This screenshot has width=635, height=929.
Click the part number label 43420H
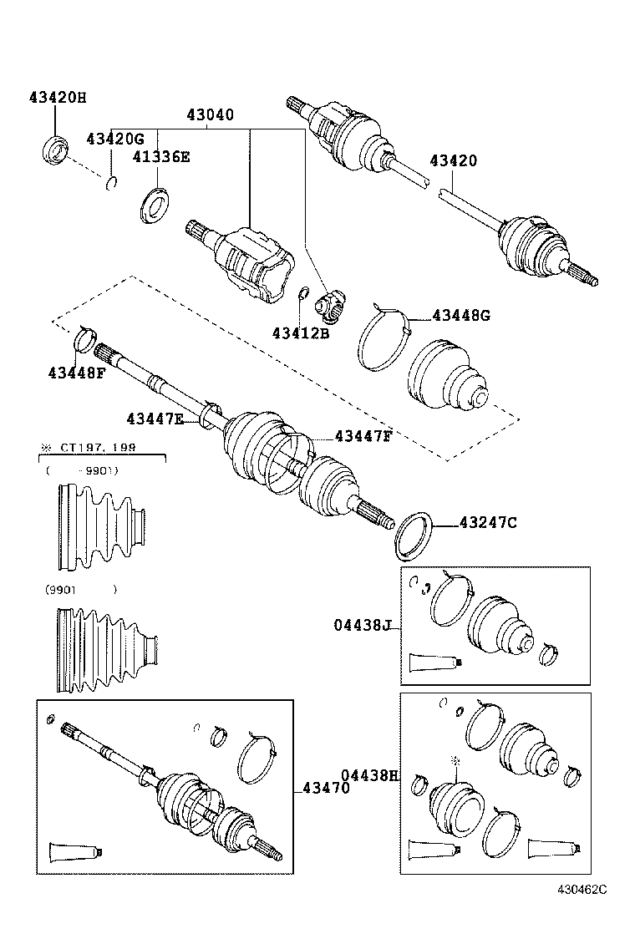(x=58, y=98)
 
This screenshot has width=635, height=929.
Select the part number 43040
(x=210, y=115)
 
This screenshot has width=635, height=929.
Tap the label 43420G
(x=115, y=139)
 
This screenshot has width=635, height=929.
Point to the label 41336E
(x=160, y=156)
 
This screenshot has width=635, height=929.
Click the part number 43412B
(x=301, y=333)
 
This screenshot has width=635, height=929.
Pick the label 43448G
(x=461, y=315)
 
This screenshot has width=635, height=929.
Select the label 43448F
(x=77, y=373)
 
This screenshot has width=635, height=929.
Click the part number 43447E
(x=155, y=419)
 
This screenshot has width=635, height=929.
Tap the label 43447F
(x=363, y=435)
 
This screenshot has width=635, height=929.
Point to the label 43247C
(x=488, y=523)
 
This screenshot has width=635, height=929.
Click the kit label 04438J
(x=363, y=624)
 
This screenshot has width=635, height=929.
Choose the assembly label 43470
(x=326, y=787)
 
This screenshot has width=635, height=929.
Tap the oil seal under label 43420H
(x=57, y=151)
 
